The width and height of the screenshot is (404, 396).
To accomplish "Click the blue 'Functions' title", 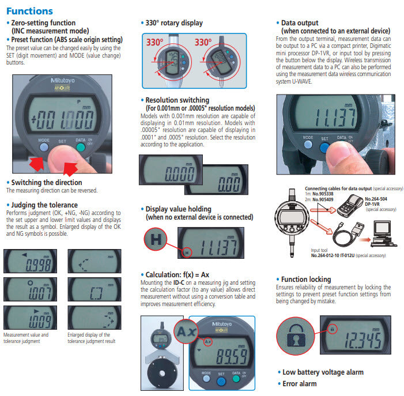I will coord(29,11).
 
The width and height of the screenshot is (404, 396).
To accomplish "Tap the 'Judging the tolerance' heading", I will coord(44,205).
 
